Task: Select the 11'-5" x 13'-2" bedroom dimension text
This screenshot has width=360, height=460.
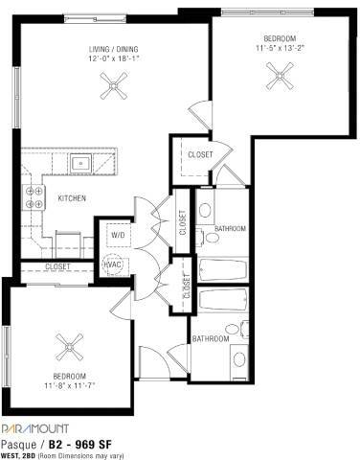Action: click(x=281, y=45)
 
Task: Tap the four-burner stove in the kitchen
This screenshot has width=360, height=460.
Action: click(x=34, y=197)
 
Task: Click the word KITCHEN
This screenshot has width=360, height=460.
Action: click(x=73, y=198)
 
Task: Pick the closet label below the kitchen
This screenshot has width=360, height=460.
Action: click(x=57, y=266)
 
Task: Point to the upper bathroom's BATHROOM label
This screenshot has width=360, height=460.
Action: click(x=231, y=229)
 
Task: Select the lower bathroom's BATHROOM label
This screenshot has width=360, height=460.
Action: click(x=210, y=338)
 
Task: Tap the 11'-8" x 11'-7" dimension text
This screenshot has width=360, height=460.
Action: click(x=69, y=386)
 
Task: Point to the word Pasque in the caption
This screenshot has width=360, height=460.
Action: click(x=19, y=444)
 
